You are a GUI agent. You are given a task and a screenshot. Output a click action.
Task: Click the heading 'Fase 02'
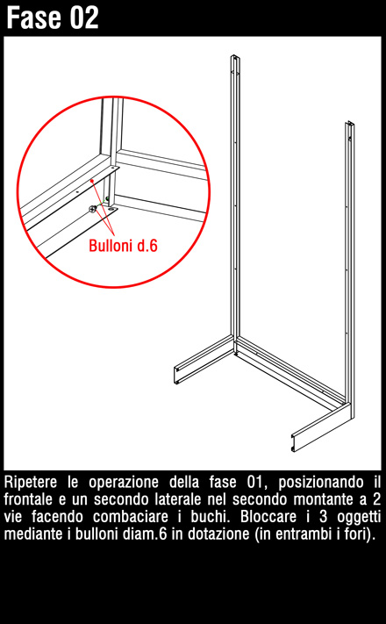click(53, 18)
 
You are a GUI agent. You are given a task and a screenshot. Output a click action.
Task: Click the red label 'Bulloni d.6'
click(123, 246)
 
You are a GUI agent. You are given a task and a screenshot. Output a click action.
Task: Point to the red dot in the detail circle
click(92, 181)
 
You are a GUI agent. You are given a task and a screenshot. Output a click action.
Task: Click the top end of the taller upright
click(235, 57)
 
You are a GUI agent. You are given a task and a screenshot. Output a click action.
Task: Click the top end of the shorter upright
click(350, 123)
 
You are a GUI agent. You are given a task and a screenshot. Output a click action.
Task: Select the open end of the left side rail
click(177, 377)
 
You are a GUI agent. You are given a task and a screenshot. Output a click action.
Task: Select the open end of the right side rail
click(295, 443)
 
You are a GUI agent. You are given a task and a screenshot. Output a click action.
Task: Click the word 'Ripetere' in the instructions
click(30, 483)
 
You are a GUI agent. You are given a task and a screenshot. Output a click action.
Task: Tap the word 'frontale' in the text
click(28, 499)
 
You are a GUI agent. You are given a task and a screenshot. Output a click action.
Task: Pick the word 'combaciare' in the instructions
click(131, 517)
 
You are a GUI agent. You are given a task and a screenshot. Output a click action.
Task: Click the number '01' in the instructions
click(255, 483)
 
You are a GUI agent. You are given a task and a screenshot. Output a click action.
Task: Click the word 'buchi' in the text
click(213, 517)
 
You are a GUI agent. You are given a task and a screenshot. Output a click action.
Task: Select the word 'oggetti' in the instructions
click(359, 517)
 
